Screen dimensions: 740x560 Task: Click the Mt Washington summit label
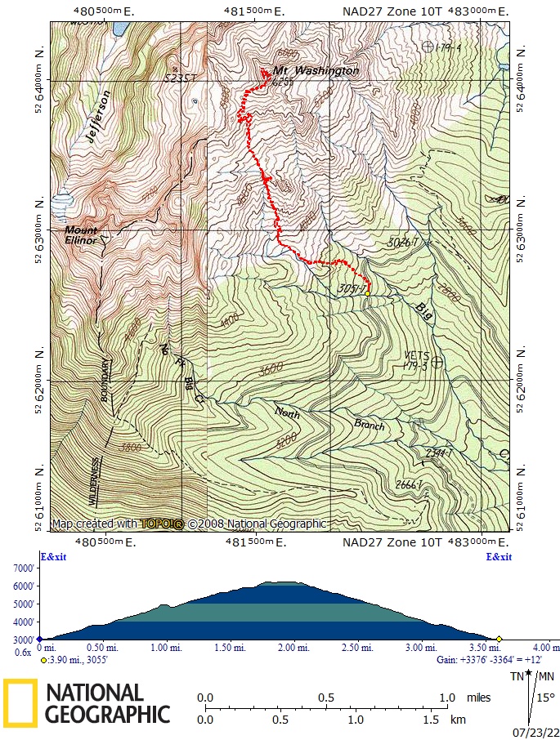click(x=316, y=71)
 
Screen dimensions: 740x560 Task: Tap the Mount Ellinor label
click(x=81, y=235)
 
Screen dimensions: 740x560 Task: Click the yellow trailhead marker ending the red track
click(x=368, y=293)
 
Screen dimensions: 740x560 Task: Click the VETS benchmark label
click(x=416, y=355)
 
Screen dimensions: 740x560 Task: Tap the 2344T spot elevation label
click(x=439, y=452)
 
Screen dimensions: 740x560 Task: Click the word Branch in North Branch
click(x=369, y=425)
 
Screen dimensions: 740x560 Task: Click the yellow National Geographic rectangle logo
click(x=20, y=702)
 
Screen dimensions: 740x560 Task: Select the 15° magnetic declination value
click(x=545, y=698)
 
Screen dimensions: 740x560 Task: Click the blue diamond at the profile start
click(x=39, y=639)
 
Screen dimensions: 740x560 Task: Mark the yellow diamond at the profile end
click(x=499, y=639)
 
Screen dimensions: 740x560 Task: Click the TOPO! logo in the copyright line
click(x=161, y=524)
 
